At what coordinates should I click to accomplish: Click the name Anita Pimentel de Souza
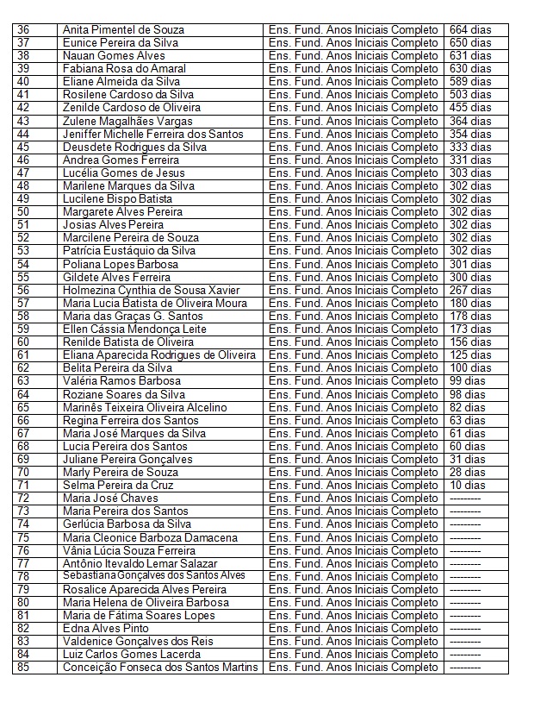point(123,30)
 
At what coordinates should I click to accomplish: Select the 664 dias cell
point(470,30)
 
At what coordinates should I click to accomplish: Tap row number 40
point(23,82)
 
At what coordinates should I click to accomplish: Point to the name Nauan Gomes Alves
point(114,56)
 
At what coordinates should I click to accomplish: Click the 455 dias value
point(470,108)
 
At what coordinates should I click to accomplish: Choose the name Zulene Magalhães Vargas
point(127,121)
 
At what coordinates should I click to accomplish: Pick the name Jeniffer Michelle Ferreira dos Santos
point(152,134)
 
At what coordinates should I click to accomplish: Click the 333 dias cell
point(470,147)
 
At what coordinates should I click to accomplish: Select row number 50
point(23,212)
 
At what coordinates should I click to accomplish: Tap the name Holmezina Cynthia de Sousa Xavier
point(151,290)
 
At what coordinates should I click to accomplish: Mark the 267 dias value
point(470,290)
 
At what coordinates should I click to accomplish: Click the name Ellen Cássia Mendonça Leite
point(134,329)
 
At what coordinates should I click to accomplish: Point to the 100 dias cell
point(470,368)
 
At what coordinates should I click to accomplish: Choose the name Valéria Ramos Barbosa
point(121,381)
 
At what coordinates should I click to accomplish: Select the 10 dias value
point(468,485)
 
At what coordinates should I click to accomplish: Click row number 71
point(23,485)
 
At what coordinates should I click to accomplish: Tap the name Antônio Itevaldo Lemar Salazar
point(141,563)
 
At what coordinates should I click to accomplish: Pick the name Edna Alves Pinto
point(105,629)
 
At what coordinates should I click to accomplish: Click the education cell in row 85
point(353,668)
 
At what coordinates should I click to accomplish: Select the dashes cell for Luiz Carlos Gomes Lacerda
point(465,655)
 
